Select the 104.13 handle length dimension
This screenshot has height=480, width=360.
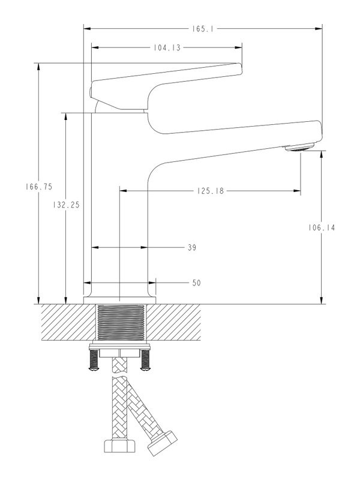tap(166, 47)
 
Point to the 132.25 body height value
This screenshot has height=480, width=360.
tap(66, 205)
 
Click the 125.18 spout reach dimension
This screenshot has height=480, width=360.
tap(210, 191)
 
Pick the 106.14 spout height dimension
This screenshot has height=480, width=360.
tap(322, 227)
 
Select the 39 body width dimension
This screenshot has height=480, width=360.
tap(191, 247)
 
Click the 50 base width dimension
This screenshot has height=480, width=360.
tap(196, 283)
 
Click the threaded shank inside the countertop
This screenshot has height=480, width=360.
tap(121, 323)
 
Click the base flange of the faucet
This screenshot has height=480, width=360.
tap(119, 299)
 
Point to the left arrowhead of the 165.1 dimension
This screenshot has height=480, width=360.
tap(86, 28)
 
